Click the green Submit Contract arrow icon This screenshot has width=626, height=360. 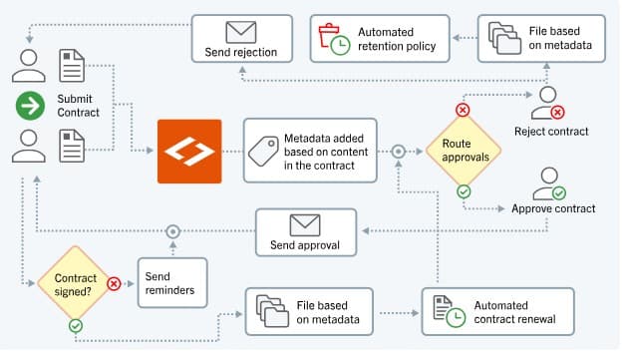[x=28, y=105]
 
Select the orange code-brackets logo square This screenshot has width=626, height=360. [x=189, y=152]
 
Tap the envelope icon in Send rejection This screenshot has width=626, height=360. [x=241, y=31]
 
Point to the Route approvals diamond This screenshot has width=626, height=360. [x=464, y=152]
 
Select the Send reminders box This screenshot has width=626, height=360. [x=171, y=282]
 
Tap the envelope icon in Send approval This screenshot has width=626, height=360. [x=304, y=225]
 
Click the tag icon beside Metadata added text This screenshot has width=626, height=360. [x=263, y=152]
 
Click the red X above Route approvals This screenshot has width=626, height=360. [x=463, y=110]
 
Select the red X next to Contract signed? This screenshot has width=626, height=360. [x=114, y=283]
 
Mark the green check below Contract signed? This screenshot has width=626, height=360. [x=76, y=324]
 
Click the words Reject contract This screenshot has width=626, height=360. [x=551, y=131]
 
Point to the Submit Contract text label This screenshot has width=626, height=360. [x=79, y=106]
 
